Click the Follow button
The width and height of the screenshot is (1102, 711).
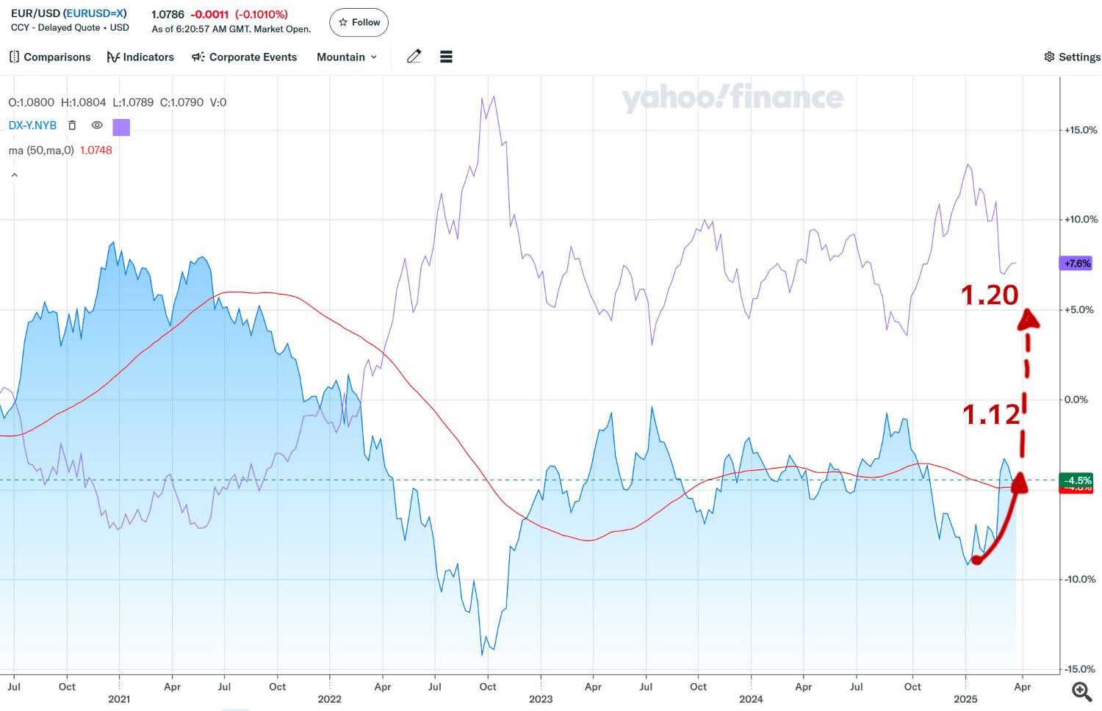pyautogui.click(x=359, y=23)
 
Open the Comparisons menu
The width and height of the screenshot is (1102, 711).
pyautogui.click(x=50, y=57)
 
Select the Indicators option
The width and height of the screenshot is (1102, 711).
pyautogui.click(x=140, y=57)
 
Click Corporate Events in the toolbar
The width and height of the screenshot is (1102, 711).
pyautogui.click(x=245, y=57)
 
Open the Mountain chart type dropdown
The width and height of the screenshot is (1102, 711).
pyautogui.click(x=347, y=57)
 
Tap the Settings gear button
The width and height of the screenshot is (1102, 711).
pyautogui.click(x=1072, y=57)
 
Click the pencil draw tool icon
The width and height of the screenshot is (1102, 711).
pyautogui.click(x=414, y=57)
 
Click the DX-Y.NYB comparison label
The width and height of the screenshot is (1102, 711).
pyautogui.click(x=32, y=126)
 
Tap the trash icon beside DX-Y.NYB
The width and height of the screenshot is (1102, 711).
pyautogui.click(x=72, y=126)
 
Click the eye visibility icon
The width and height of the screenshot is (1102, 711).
pyautogui.click(x=96, y=126)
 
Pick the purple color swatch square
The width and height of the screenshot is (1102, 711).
pyautogui.click(x=121, y=127)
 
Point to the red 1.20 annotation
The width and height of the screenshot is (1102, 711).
pyautogui.click(x=990, y=295)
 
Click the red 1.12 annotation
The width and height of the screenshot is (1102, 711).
pyautogui.click(x=991, y=415)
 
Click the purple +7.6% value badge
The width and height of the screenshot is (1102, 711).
pyautogui.click(x=1077, y=263)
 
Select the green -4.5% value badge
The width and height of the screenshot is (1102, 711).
pyautogui.click(x=1078, y=480)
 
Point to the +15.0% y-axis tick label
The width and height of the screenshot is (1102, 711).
pyautogui.click(x=1081, y=130)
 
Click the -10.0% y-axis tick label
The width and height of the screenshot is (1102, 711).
pyautogui.click(x=1081, y=580)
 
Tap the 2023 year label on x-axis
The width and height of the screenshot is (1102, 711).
pyautogui.click(x=541, y=699)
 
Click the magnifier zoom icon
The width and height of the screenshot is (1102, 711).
pyautogui.click(x=1081, y=691)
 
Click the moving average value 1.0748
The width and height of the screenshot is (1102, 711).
pyautogui.click(x=96, y=151)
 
